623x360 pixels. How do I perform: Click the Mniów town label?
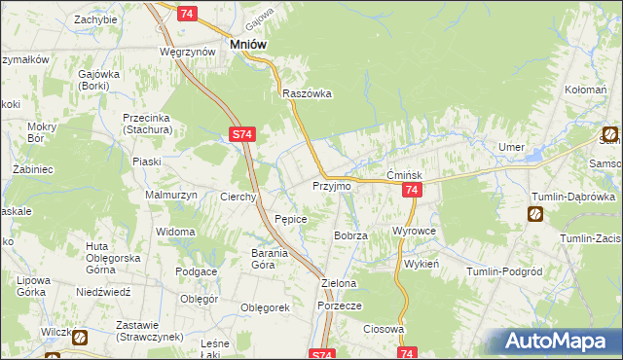tap(248, 44)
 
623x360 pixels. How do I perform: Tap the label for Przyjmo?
tap(330, 185)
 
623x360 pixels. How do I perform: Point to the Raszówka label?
tap(308, 94)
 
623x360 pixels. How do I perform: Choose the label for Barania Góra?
tap(257, 259)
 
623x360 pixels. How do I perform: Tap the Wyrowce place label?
tap(413, 232)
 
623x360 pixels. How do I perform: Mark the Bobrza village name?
tap(350, 236)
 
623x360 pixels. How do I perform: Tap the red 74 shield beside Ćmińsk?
tap(412, 191)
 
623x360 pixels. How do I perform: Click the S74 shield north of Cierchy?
tap(243, 137)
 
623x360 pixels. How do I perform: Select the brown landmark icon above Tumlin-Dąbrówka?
tap(535, 214)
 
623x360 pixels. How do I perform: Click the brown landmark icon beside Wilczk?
tap(79, 339)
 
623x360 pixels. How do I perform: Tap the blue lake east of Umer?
tap(534, 154)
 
